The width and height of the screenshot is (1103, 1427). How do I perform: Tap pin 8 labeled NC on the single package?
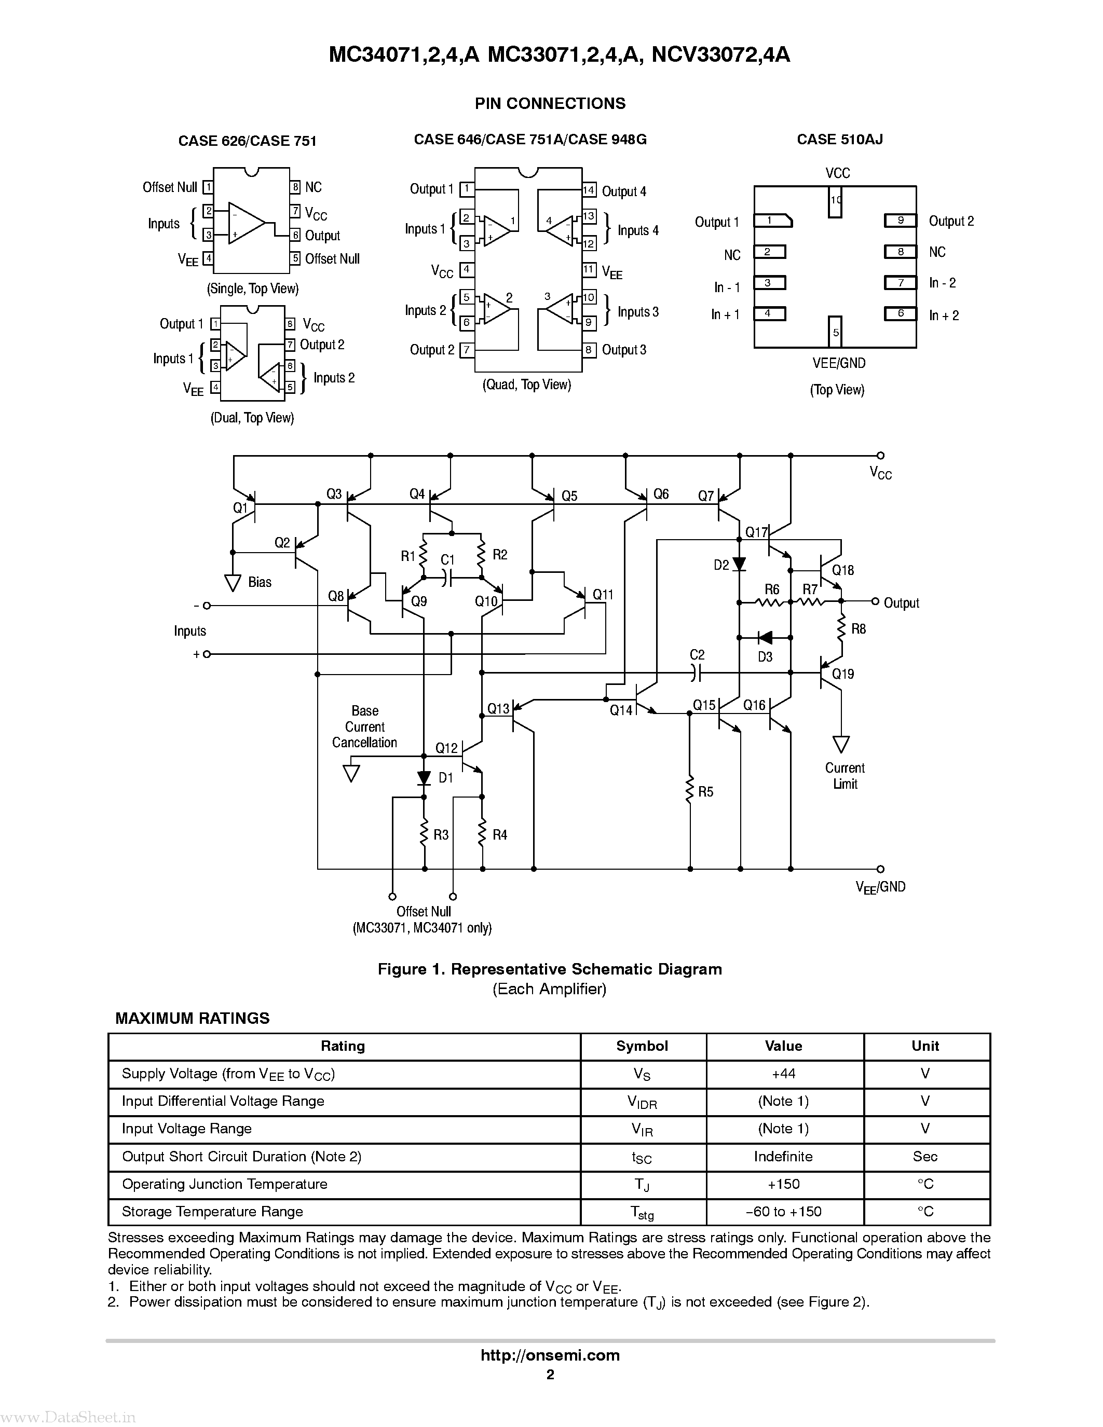click(x=295, y=187)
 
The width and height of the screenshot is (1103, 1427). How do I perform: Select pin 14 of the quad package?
click(x=589, y=190)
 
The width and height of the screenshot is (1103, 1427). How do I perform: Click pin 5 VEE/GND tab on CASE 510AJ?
click(x=835, y=332)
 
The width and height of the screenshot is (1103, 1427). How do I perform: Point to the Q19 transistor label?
click(x=843, y=674)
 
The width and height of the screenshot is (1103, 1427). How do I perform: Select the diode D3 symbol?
click(x=765, y=638)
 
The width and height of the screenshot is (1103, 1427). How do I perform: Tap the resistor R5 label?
click(x=706, y=792)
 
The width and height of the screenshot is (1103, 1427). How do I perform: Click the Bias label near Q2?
click(x=260, y=582)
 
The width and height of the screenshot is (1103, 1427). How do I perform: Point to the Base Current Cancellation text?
click(x=364, y=726)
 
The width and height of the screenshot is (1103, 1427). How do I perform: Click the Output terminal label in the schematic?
click(x=901, y=603)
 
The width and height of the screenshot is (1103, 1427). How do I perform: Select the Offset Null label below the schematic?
click(x=424, y=912)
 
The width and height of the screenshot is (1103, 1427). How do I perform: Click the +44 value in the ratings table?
click(x=783, y=1074)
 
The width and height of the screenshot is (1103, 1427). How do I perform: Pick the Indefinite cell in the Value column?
click(x=783, y=1157)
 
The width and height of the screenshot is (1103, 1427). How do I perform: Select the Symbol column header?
click(x=642, y=1046)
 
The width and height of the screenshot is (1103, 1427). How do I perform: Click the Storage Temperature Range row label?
click(x=212, y=1211)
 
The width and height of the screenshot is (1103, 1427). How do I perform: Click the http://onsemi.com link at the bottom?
click(x=550, y=1355)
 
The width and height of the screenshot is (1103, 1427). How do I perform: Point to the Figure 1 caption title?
click(x=550, y=969)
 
